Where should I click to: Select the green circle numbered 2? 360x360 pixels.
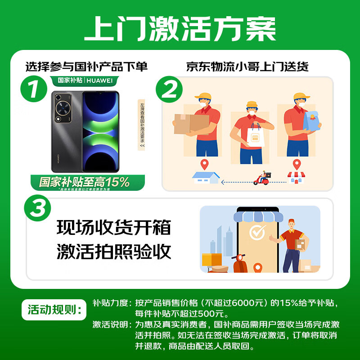[x=170, y=91]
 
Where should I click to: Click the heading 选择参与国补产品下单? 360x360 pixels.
[x=86, y=67]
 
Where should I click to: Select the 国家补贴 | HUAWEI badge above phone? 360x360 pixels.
[x=87, y=81]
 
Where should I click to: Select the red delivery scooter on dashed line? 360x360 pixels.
[x=262, y=179]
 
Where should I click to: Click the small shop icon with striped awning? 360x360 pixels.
[x=296, y=177]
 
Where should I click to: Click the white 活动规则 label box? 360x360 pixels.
[x=54, y=310]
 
